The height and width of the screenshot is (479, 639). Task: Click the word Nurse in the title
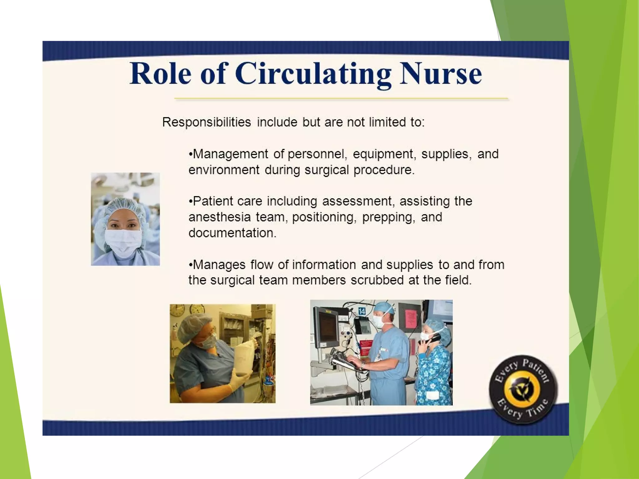coord(441,74)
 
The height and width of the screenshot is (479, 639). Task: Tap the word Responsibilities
coord(206,122)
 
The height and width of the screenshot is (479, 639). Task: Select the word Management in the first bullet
coord(230,154)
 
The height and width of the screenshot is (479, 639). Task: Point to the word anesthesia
coord(219,217)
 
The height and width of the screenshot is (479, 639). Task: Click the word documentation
coord(232,233)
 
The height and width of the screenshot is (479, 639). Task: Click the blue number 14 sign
coord(361,311)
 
